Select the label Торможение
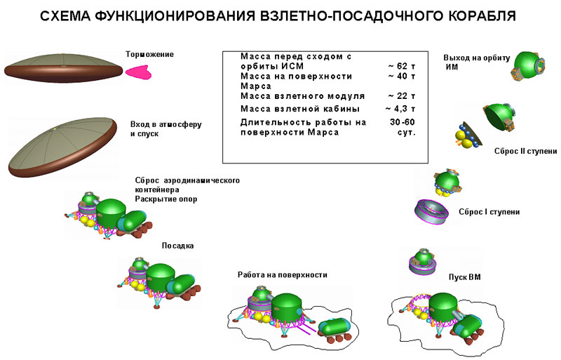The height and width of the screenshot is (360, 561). [x=149, y=54]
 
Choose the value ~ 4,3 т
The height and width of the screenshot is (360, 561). [x=400, y=109]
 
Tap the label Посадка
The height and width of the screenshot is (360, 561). [x=177, y=246]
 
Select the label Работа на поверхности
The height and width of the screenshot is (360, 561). [x=283, y=274]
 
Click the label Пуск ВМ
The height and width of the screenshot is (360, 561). [x=464, y=278]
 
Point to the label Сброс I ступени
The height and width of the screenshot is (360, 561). [x=489, y=211]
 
